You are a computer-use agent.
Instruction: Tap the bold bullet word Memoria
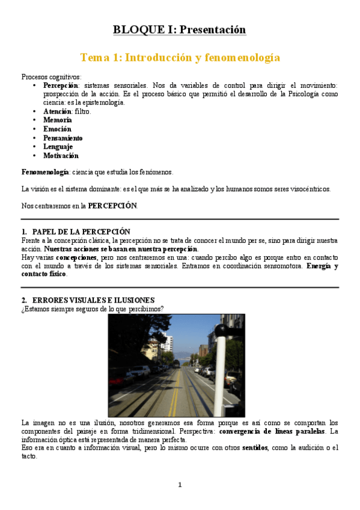coord(57,120)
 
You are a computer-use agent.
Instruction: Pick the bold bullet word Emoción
coord(57,129)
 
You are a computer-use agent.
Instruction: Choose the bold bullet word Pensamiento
coord(63,138)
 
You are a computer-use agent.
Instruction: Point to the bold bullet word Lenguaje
coord(58,146)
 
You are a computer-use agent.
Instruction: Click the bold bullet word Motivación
coord(61,155)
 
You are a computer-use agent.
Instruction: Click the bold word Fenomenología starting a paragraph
coord(44,172)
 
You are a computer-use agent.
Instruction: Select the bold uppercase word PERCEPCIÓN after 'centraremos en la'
coord(112,206)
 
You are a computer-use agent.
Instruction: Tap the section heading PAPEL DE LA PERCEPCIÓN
coord(81,232)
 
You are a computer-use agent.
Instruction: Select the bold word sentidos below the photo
coord(246,448)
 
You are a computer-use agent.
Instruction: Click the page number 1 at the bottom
coord(180,485)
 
